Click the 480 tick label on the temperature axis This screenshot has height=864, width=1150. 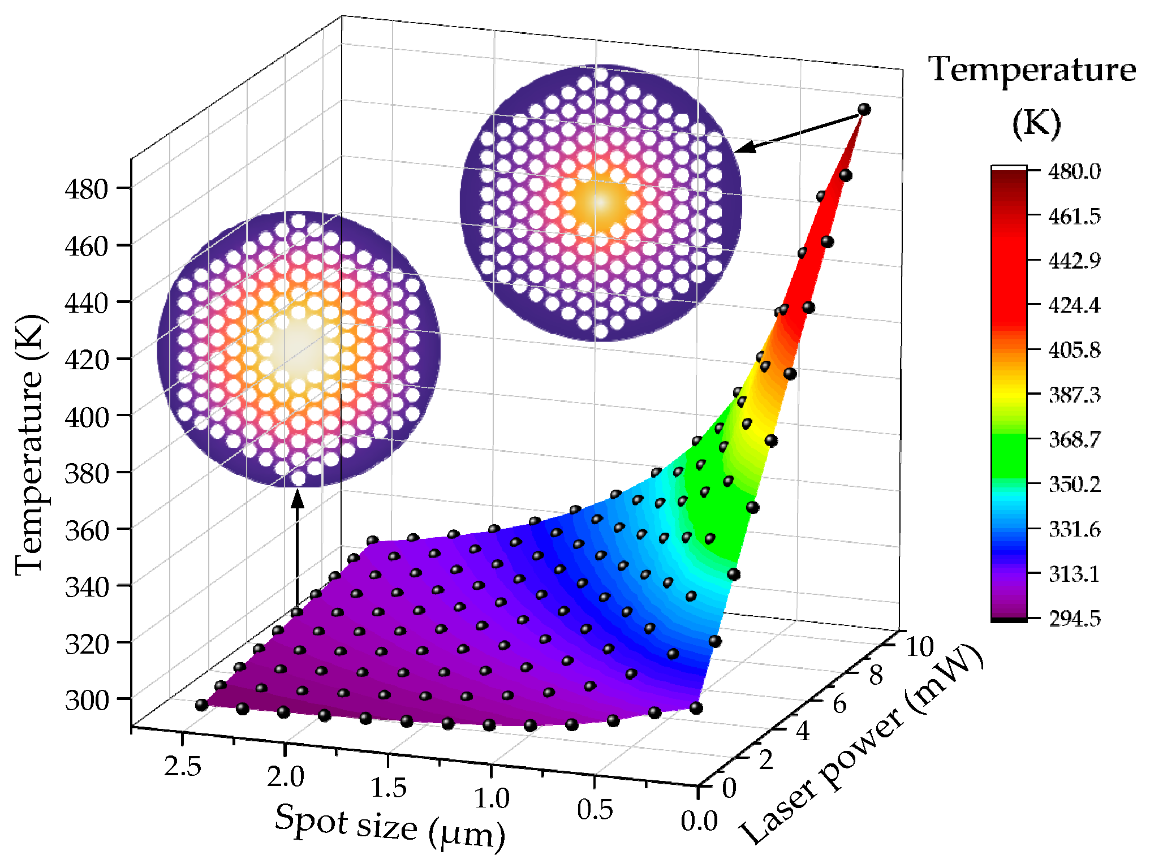pyautogui.click(x=86, y=189)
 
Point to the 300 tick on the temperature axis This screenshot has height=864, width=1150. pyautogui.click(x=86, y=701)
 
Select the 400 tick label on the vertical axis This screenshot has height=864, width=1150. pyautogui.click(x=86, y=418)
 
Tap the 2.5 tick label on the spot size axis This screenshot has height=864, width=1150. pyautogui.click(x=183, y=767)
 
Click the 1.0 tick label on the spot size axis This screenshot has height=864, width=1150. pyautogui.click(x=491, y=798)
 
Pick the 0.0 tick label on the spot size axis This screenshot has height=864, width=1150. pyautogui.click(x=699, y=821)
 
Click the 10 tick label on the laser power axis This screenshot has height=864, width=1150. pyautogui.click(x=920, y=646)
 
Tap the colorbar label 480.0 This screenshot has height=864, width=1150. pyautogui.click(x=1074, y=171)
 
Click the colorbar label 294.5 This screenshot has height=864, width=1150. pyautogui.click(x=1074, y=619)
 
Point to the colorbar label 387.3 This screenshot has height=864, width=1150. pyautogui.click(x=1074, y=395)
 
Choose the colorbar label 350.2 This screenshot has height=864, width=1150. pyautogui.click(x=1074, y=485)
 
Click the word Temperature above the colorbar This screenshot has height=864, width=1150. pyautogui.click(x=1032, y=71)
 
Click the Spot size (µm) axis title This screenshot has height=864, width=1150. pyautogui.click(x=390, y=827)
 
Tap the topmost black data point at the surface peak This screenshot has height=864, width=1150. pyautogui.click(x=864, y=109)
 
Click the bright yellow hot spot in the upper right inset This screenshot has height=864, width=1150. pyautogui.click(x=601, y=202)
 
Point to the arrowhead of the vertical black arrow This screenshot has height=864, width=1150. pyautogui.click(x=298, y=499)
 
